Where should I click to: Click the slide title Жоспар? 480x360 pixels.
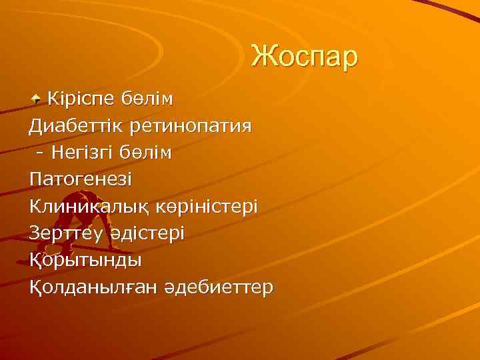pos(304,57)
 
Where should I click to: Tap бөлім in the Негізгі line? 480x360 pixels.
pos(146,153)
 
